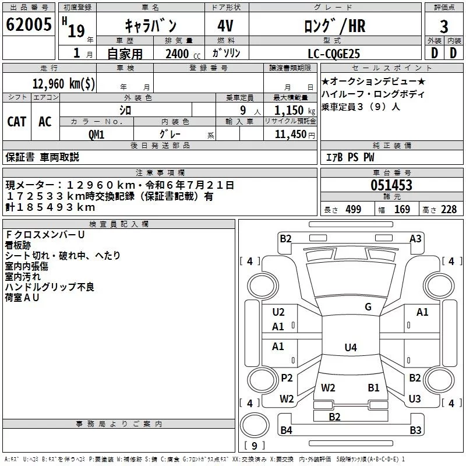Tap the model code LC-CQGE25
click(334, 54)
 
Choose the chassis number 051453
click(391, 185)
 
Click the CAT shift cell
click(16, 121)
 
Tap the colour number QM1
click(96, 134)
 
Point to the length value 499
click(354, 210)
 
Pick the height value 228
click(448, 210)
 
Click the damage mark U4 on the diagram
click(350, 348)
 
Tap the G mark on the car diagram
click(368, 307)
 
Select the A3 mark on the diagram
click(415, 238)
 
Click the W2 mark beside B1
click(328, 387)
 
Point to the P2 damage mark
click(287, 378)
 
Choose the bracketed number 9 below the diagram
click(255, 446)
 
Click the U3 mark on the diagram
click(415, 399)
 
